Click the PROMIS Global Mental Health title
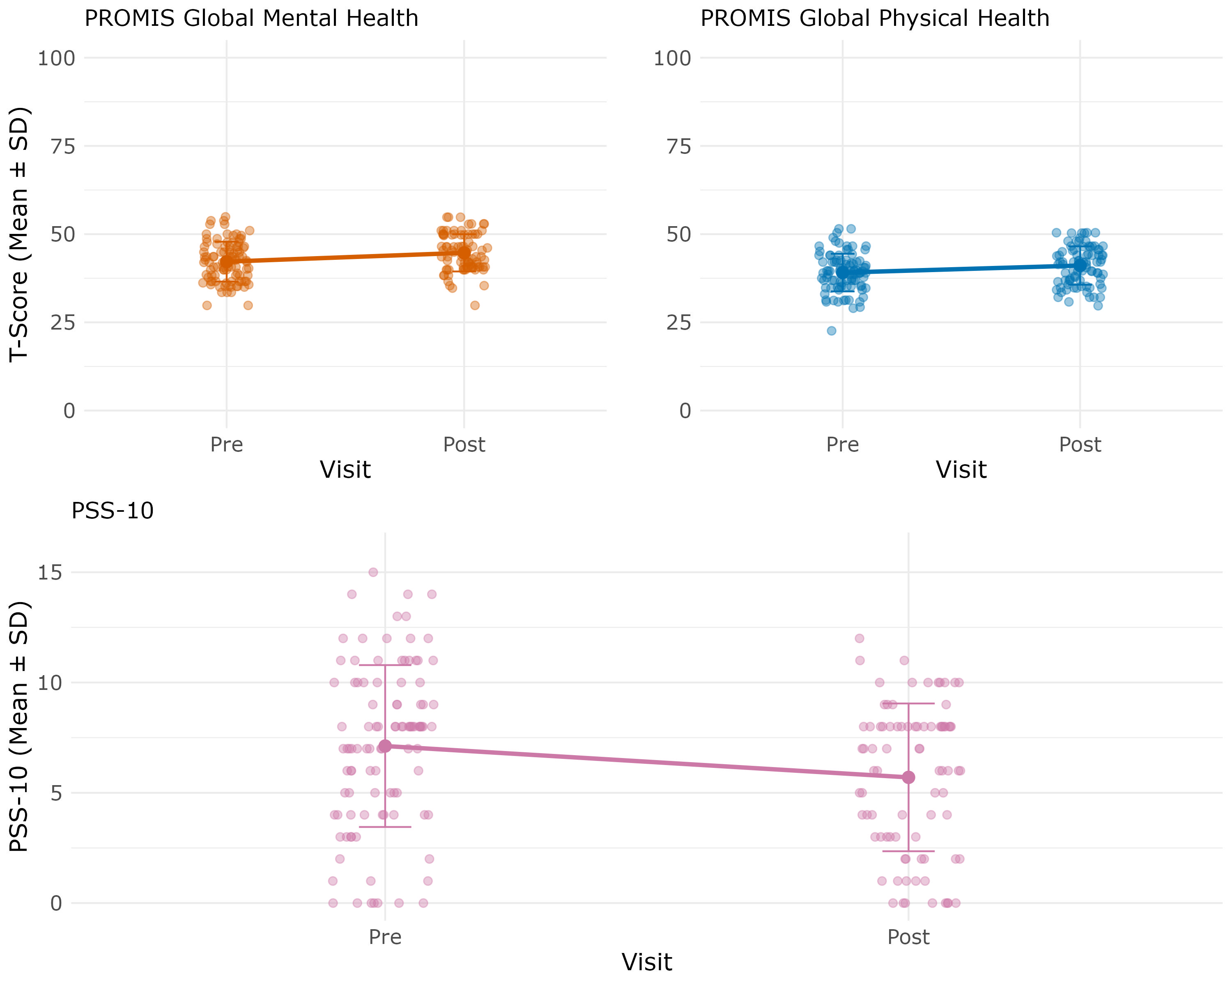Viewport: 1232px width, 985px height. coord(251,18)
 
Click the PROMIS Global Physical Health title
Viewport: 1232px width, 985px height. coord(875,18)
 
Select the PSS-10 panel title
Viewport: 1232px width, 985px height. coord(113,511)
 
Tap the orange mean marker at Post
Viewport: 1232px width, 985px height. coord(464,253)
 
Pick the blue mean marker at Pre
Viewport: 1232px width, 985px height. coord(842,273)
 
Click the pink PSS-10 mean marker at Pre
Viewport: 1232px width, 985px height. coord(385,746)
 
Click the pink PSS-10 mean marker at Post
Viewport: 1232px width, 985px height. coord(908,777)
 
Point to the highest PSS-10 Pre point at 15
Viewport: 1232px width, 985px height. coord(373,572)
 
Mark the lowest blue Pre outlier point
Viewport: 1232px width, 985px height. coord(832,331)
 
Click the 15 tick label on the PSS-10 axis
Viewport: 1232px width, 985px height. coord(50,573)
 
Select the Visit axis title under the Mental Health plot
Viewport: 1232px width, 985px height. coord(345,470)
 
